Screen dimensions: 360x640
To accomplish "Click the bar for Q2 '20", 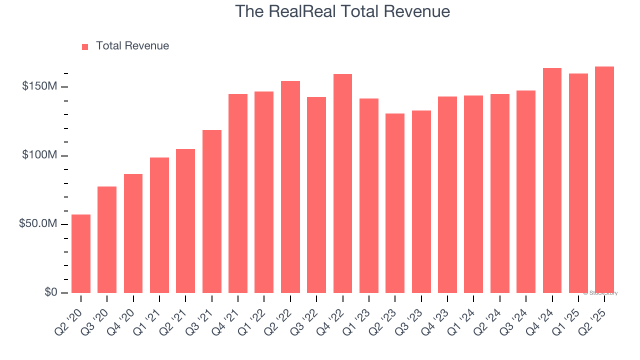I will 81,254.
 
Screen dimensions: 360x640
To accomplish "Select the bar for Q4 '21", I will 238,193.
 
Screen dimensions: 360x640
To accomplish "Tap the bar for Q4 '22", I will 342,183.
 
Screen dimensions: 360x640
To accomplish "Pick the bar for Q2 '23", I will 395,203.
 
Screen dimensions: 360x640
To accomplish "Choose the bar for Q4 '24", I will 552,180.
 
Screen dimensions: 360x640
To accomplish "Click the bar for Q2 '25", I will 604,180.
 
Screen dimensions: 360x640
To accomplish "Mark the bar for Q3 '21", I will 212,211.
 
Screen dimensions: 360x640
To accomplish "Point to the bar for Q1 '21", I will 159,225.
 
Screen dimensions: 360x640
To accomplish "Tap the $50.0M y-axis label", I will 38,224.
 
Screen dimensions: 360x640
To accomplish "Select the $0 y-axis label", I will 50,292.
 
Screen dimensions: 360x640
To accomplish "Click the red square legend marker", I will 85,47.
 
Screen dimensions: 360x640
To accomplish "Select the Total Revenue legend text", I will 132,46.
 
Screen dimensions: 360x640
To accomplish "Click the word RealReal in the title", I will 299,11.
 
